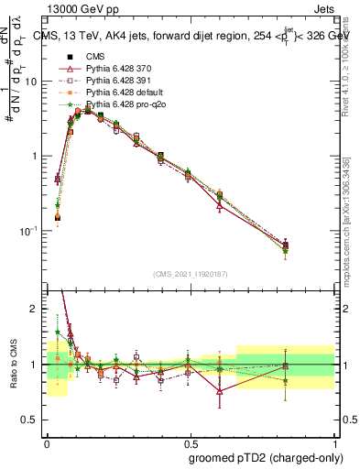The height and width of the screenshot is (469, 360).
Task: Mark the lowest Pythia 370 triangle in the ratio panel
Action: pyautogui.click(x=220, y=391)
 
